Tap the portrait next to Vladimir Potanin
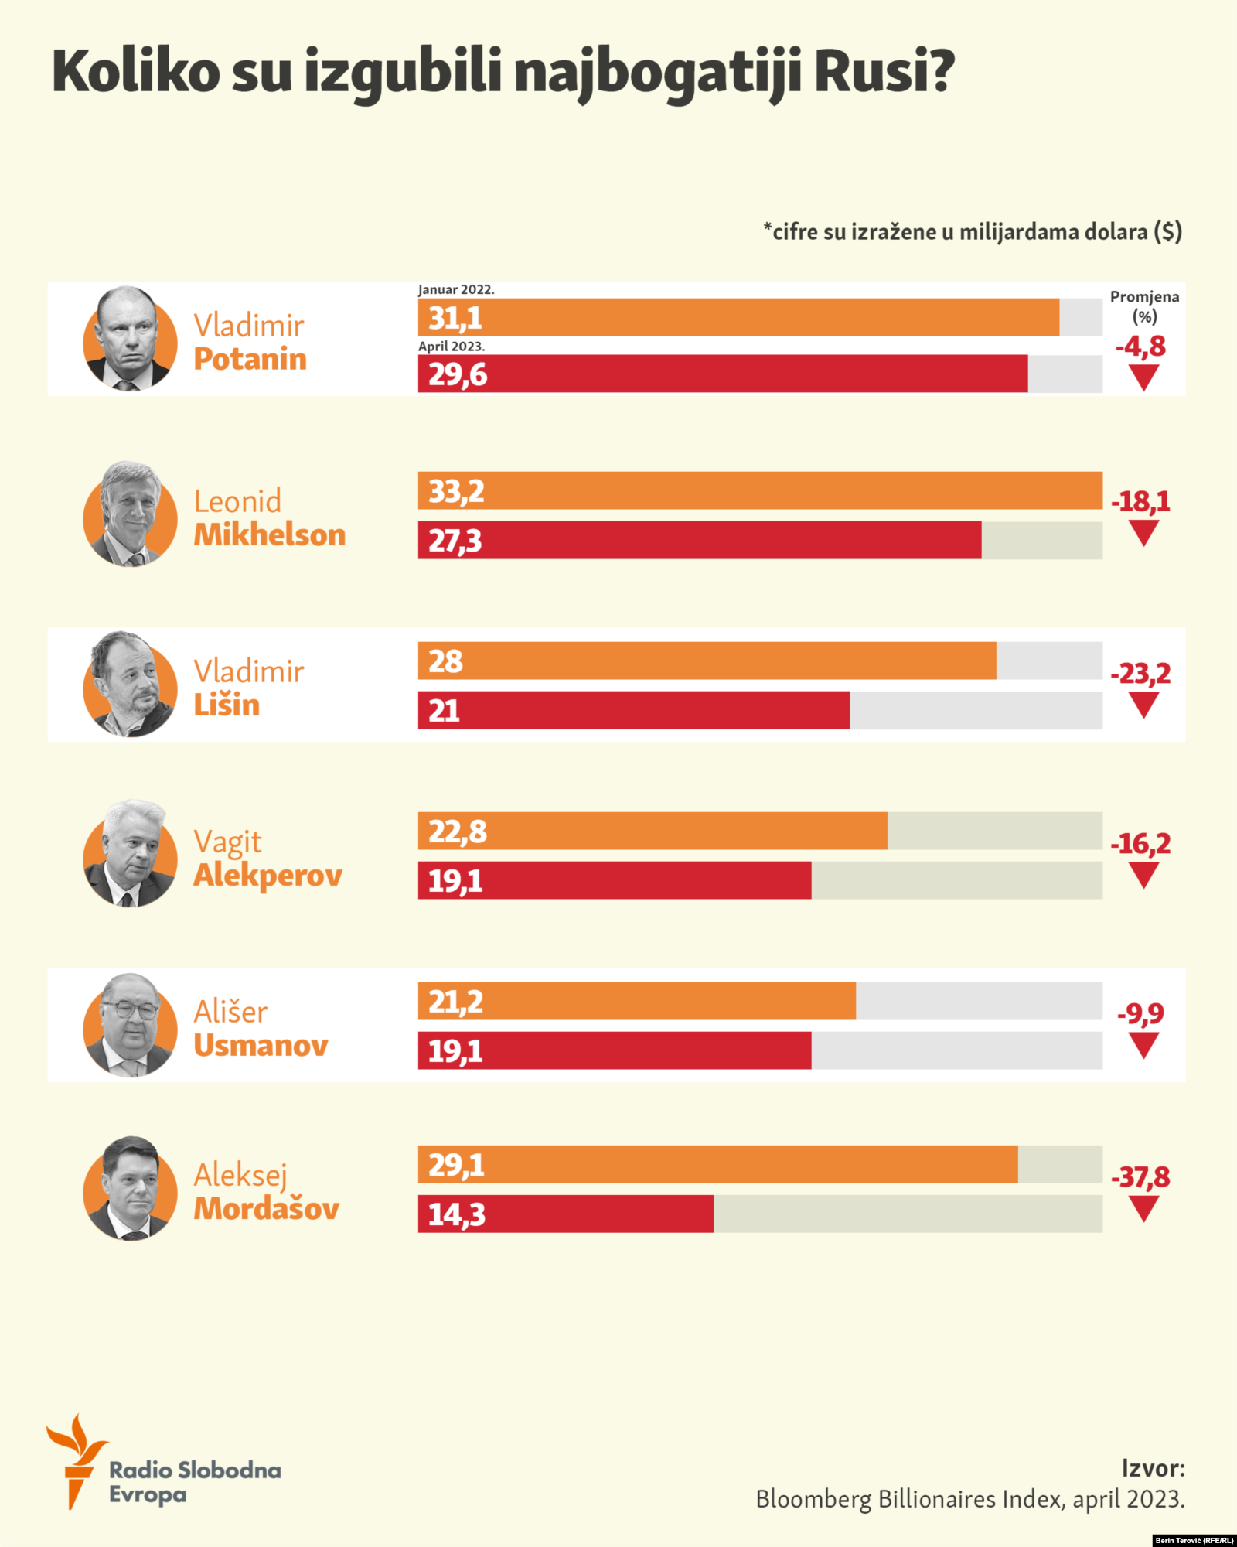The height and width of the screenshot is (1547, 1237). (x=129, y=339)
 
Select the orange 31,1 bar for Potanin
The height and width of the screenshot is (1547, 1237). (x=738, y=317)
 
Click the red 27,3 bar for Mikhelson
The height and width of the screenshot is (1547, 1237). (x=700, y=540)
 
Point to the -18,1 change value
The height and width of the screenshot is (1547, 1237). (x=1141, y=502)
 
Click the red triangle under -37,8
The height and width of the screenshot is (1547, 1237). (x=1143, y=1208)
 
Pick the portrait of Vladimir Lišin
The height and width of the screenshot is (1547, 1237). (x=129, y=685)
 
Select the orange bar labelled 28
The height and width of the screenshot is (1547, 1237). (x=707, y=661)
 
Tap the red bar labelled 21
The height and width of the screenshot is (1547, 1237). (x=633, y=710)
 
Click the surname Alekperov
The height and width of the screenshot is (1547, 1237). (x=268, y=876)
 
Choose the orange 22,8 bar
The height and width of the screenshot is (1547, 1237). (x=653, y=831)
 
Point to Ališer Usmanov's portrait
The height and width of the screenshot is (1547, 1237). (x=129, y=1025)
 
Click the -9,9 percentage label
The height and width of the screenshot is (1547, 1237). (x=1140, y=1013)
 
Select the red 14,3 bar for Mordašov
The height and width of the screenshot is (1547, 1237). (x=565, y=1214)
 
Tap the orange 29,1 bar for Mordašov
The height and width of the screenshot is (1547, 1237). (x=717, y=1164)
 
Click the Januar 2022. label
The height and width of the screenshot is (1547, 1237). (x=456, y=290)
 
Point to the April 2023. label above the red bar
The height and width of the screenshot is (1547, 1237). (x=452, y=347)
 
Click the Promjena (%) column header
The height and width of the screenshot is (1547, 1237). (x=1144, y=306)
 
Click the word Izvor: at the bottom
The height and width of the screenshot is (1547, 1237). (x=1153, y=1468)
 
